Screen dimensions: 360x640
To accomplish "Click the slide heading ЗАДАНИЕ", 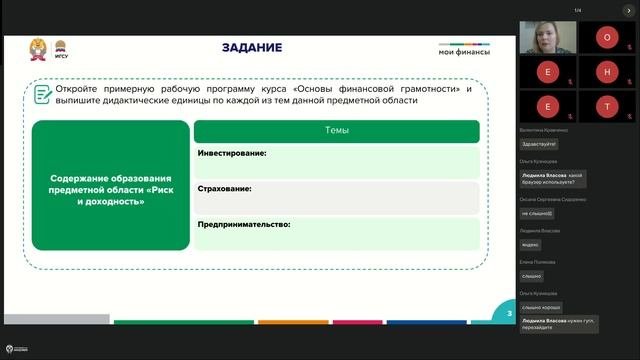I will point(251,48).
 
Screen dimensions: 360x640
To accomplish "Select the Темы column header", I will point(337,131).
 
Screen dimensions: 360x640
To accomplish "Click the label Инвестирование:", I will point(231,153).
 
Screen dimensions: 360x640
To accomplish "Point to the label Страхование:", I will point(224,188).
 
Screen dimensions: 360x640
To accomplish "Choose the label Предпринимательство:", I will point(244,224).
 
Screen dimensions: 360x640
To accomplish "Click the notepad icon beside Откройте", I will point(43,94).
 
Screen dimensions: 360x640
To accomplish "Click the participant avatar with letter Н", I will point(607,72).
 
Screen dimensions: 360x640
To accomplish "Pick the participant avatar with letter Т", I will point(607,105).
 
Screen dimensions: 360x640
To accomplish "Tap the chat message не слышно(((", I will point(537,213).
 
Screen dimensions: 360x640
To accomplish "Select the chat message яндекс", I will point(531,245).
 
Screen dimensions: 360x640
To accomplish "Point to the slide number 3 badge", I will point(509,314).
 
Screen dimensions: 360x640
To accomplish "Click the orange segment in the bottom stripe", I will point(293,322).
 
